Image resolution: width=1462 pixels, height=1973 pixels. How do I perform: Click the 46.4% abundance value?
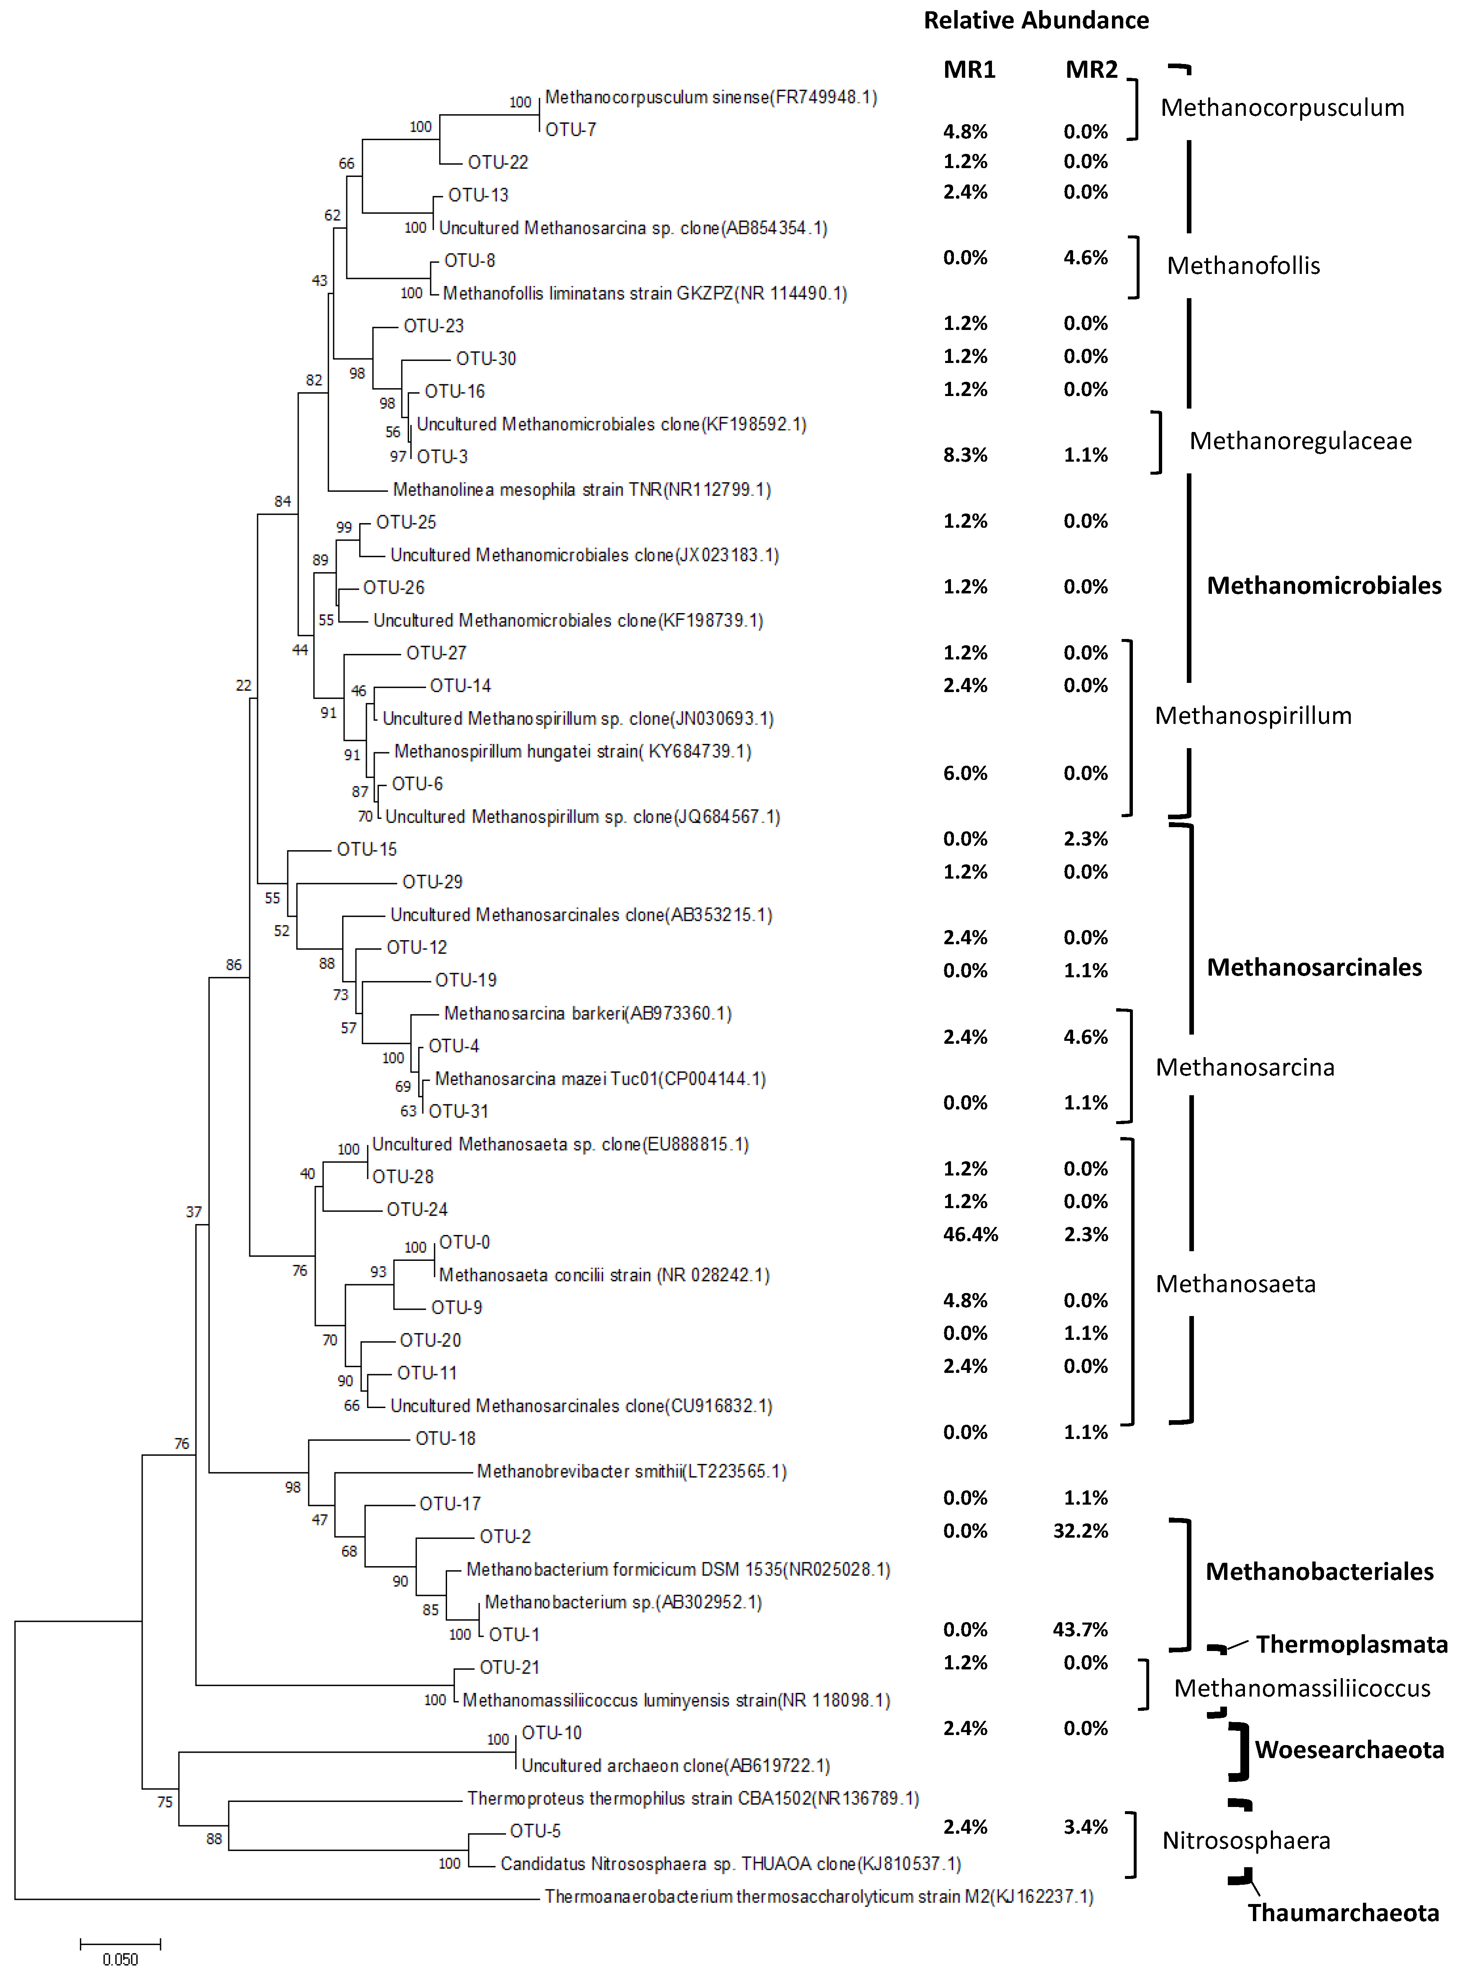pos(970,1234)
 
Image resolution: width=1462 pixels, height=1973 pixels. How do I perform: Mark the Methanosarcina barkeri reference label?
pos(588,1013)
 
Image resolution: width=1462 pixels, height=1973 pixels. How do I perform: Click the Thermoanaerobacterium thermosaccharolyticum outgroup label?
pos(819,1896)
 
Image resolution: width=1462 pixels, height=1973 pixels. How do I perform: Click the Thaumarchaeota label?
pos(1342,1913)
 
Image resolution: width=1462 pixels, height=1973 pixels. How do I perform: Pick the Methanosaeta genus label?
pos(1235,1284)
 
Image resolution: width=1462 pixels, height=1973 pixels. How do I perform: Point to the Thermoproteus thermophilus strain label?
pos(693,1798)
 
